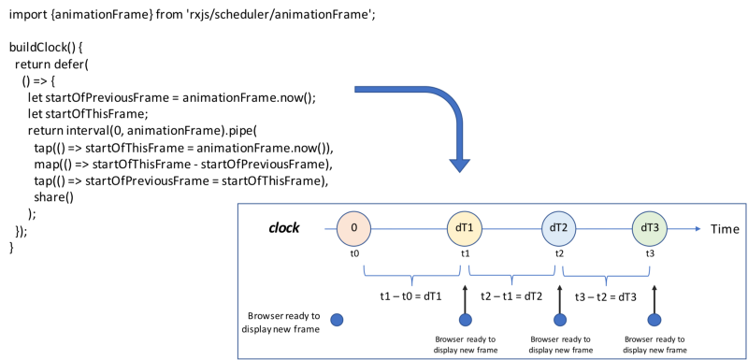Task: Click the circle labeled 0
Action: coord(353,228)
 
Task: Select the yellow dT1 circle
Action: coord(464,228)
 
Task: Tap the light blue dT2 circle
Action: coord(558,228)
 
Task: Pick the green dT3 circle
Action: coord(649,228)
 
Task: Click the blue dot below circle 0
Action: coord(337,320)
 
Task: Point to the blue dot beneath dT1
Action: coord(465,320)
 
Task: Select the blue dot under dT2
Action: coord(559,320)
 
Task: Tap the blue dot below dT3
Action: coord(654,320)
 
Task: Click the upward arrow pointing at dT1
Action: coord(465,297)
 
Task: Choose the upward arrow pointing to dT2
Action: coord(559,297)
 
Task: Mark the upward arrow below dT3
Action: coord(654,297)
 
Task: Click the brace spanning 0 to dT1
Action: coord(412,276)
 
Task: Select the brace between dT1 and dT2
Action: coord(511,276)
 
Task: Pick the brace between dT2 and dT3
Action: coord(606,276)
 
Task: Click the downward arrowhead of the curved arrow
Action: coord(459,165)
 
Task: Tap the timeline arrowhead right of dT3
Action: coord(698,228)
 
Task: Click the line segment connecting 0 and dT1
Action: coord(409,228)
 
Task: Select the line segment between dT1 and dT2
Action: coord(511,228)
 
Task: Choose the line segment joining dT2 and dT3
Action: coord(604,228)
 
